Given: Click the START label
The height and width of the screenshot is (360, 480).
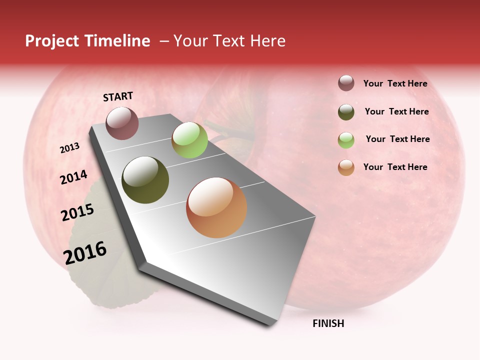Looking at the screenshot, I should pos(118,96).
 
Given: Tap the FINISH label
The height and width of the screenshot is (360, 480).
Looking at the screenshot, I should pos(328,323).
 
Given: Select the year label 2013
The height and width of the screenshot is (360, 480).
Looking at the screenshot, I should pos(69,148).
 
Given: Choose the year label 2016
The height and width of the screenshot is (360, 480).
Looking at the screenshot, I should pos(85,252).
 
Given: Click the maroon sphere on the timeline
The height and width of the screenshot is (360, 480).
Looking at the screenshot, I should pos(122,123).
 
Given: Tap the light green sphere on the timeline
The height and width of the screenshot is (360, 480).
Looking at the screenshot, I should pos(189,140).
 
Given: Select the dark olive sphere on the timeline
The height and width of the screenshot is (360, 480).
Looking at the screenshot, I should pos(145,180).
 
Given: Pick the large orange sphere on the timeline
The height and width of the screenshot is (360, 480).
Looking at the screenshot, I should pos(216,207).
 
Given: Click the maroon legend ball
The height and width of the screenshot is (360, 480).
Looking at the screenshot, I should pos(346,83).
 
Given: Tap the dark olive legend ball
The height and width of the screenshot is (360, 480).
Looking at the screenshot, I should pos(346,112).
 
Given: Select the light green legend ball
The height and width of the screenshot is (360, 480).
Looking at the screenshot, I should pos(346,139).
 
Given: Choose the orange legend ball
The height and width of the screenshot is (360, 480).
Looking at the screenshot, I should pos(346,167).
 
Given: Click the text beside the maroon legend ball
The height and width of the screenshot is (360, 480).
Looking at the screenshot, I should pos(395,84).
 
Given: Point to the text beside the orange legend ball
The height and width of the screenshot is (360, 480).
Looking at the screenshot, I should pos(395,167).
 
